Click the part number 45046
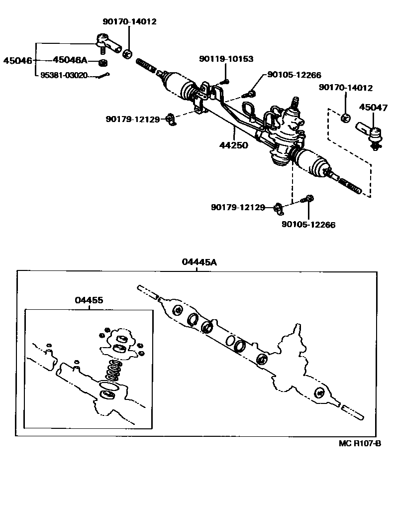(x=17, y=61)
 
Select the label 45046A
(x=70, y=60)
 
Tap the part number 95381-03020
(x=67, y=76)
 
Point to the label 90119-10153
(x=226, y=59)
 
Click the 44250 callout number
(x=234, y=145)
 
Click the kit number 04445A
(x=199, y=262)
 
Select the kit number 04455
(x=89, y=300)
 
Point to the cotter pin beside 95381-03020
(x=104, y=76)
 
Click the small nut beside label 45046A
(x=103, y=63)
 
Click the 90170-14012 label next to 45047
(x=346, y=88)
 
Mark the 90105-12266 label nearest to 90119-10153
(x=294, y=75)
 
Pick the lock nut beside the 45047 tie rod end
(x=346, y=118)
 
